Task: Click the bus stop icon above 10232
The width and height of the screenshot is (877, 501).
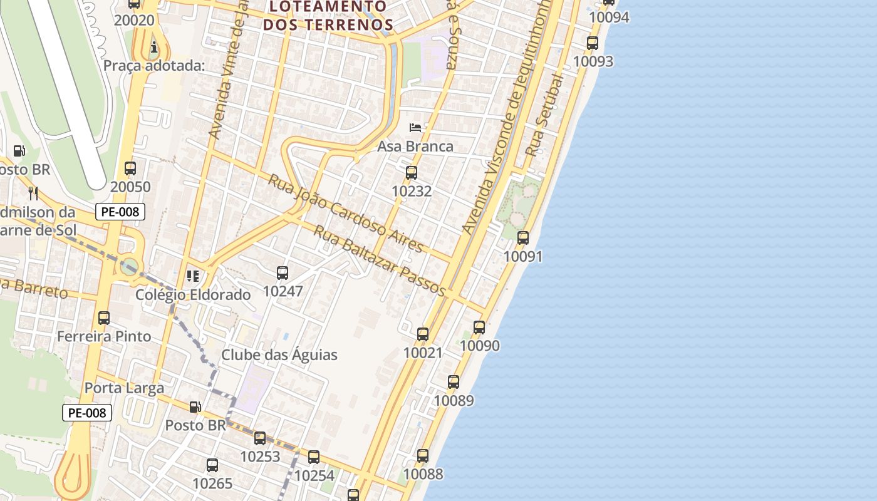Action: pos(412,172)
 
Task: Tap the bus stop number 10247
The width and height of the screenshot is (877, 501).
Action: pos(283,291)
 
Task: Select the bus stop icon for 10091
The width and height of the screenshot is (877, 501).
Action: pos(523,238)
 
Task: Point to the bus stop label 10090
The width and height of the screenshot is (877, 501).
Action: pos(480,346)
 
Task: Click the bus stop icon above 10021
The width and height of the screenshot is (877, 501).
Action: pos(423,334)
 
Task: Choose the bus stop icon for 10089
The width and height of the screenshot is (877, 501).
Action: pos(454,381)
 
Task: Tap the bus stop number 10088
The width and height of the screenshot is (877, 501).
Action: pos(423,474)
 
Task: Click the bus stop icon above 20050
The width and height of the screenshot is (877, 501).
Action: pos(130,168)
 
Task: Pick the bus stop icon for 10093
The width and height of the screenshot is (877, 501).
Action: pos(593,43)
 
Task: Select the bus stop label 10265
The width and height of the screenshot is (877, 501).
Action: pos(212,483)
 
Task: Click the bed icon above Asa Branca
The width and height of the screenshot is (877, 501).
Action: pos(415,128)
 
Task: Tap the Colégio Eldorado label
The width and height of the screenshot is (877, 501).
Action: pos(194,294)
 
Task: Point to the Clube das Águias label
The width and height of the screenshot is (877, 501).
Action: pos(279,355)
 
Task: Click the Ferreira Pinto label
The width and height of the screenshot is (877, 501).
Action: pos(104,336)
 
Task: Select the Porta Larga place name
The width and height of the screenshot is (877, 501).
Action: pos(124,388)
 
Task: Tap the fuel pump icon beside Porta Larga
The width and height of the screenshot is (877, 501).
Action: pos(195,407)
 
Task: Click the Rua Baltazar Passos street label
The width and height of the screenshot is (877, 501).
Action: pos(380,261)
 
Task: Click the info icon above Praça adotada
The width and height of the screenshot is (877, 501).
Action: pos(154,48)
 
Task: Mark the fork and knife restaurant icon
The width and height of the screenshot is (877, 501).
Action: pos(33,193)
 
